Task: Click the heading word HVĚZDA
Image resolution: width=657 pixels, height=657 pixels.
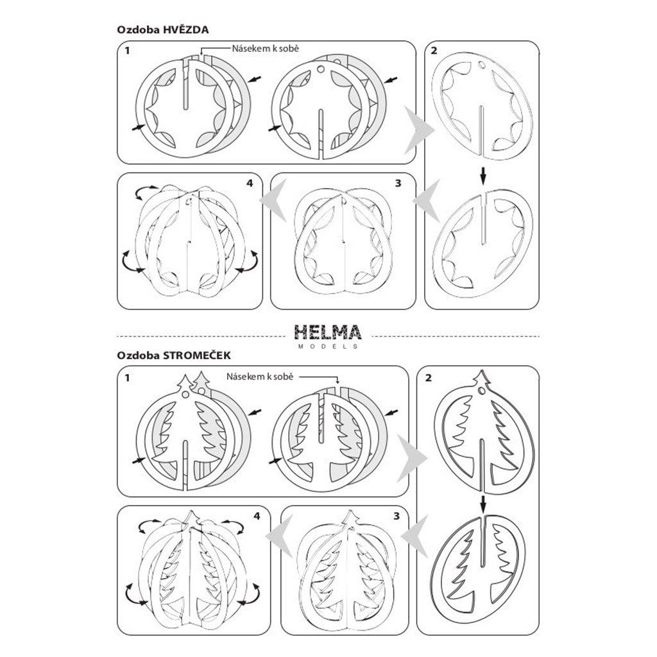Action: point(187,30)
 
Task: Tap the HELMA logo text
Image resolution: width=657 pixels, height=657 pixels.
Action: point(328,332)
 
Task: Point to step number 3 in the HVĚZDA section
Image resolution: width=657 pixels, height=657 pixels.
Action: point(398,183)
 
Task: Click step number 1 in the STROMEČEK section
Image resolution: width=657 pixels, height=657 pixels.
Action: point(128,379)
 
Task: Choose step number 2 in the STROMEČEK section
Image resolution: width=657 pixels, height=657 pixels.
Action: point(428,377)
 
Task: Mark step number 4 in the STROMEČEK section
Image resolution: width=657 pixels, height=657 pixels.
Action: point(257,515)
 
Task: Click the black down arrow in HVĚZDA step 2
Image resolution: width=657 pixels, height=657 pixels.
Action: point(484,173)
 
